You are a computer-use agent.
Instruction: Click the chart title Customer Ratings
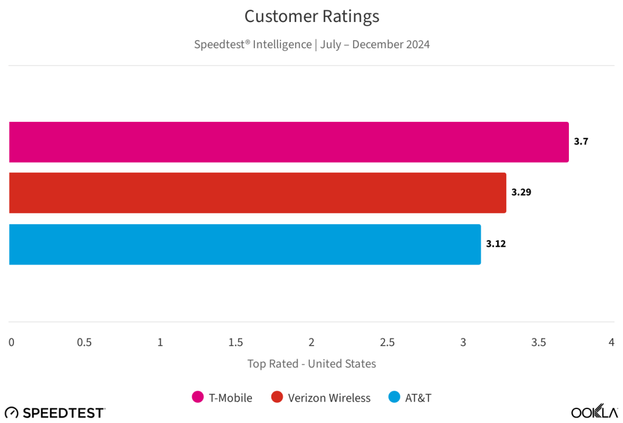tap(311, 16)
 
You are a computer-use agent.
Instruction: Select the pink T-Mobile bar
tap(288, 142)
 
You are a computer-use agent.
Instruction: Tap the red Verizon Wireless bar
tap(257, 193)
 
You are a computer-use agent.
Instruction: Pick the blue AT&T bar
tap(245, 244)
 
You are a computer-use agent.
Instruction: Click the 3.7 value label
tap(581, 141)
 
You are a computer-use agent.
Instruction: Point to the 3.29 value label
tap(521, 193)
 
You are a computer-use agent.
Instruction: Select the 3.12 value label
tap(496, 244)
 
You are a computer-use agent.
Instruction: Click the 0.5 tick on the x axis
tap(85, 343)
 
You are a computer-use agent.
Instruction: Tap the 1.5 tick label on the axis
tap(236, 343)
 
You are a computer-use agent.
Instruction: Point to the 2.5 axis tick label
tap(387, 343)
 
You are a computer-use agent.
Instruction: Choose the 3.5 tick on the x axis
tap(538, 343)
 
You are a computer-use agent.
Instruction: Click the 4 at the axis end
tap(611, 343)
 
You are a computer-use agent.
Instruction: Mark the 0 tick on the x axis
tap(12, 343)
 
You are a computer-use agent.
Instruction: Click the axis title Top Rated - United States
tap(311, 364)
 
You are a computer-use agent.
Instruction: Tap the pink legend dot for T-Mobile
tap(198, 397)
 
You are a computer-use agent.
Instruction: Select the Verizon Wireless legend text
tap(329, 398)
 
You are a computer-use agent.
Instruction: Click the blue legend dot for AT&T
tap(394, 397)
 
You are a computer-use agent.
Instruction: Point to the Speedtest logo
tap(55, 413)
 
